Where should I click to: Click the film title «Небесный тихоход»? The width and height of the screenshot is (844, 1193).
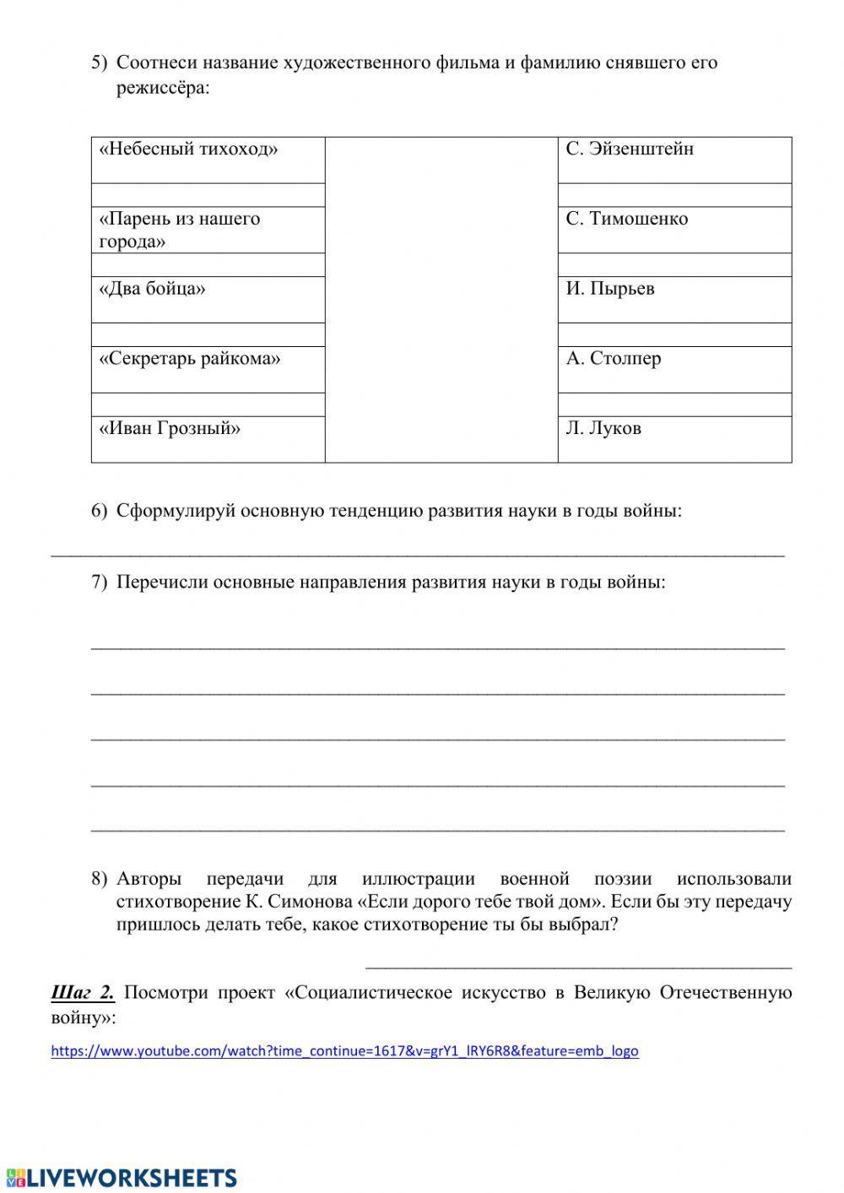(x=189, y=149)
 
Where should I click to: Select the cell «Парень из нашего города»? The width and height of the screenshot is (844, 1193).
(x=180, y=230)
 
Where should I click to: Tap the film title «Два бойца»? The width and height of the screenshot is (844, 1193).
(x=153, y=289)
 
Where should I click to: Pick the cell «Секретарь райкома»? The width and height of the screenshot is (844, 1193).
(x=191, y=359)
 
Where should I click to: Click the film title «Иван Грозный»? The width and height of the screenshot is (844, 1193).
(x=170, y=429)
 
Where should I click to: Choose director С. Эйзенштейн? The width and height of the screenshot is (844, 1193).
(x=630, y=149)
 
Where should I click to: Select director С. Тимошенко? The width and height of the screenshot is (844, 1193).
(x=626, y=220)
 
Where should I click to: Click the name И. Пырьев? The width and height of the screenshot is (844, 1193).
(x=610, y=289)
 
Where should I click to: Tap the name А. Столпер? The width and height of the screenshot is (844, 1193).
(x=614, y=359)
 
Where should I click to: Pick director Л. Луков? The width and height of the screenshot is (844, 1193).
(x=603, y=429)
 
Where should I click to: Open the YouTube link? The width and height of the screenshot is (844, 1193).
(x=344, y=1051)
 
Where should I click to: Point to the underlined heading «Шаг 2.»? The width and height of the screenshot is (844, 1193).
(x=83, y=993)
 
